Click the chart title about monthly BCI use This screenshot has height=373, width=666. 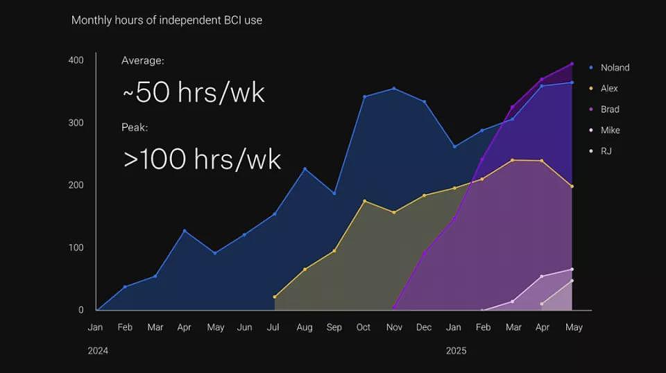tap(166, 20)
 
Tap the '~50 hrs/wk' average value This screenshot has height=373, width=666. tap(194, 92)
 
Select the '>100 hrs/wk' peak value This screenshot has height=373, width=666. tap(202, 159)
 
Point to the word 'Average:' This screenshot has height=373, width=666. tap(143, 61)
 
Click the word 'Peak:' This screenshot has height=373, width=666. tap(135, 128)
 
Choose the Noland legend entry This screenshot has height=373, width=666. tap(610, 67)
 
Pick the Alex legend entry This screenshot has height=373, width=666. tap(604, 88)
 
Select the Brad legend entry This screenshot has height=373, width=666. tap(604, 109)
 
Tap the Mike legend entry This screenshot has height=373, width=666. tap(604, 130)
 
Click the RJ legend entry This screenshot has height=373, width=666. tap(600, 151)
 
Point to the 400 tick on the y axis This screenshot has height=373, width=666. tap(76, 60)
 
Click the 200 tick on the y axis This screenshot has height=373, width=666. tap(76, 185)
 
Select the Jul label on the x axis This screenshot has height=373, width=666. tap(273, 327)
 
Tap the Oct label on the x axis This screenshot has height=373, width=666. tap(364, 327)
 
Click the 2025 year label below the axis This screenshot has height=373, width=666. tap(456, 351)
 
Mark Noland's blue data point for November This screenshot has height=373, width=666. tap(394, 89)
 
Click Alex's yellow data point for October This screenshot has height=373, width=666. tap(365, 201)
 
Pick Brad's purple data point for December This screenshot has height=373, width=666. tap(425, 253)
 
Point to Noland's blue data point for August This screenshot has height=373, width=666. tap(305, 169)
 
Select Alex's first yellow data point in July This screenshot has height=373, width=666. tap(275, 297)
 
